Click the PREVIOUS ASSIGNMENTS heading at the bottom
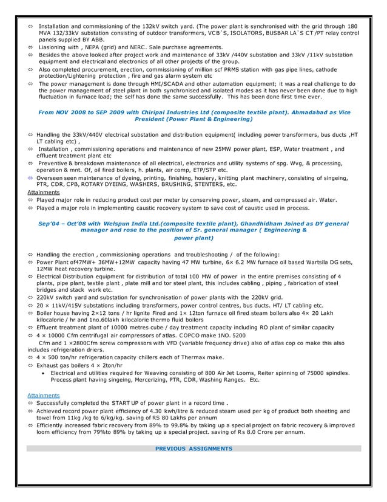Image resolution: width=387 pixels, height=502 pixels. coord(193,449)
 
